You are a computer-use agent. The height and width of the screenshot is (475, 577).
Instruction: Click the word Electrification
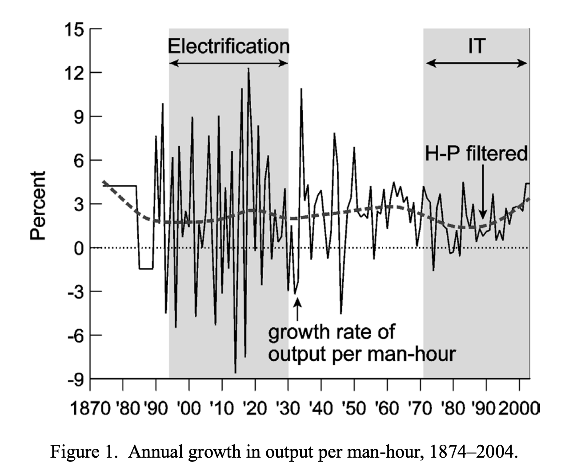(228, 46)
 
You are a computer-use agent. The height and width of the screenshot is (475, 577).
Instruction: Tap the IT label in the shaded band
(477, 46)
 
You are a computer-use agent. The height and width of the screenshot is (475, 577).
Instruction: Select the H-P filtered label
(476, 154)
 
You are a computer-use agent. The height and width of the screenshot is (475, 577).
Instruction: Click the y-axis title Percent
(39, 205)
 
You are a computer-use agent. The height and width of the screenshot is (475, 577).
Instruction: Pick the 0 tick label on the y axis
(79, 248)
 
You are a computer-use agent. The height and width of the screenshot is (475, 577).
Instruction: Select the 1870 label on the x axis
(91, 408)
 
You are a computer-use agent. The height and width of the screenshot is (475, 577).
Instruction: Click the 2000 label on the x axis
(518, 408)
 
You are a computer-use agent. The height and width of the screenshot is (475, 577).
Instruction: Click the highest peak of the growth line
(248, 68)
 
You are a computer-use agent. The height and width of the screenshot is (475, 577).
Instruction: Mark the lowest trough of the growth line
(235, 372)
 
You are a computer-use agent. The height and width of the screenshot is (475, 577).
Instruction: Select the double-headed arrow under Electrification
(228, 63)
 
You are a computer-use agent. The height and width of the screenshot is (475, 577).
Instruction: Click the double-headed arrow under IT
(477, 63)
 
